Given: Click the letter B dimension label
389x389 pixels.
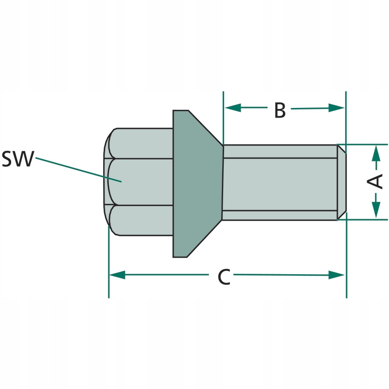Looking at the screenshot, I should pos(280,110).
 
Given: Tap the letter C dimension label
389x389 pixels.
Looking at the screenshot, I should pos(223,277).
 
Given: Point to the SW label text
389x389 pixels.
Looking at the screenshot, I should pos(17,159).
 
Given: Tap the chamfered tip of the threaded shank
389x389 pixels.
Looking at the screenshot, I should pos(342,182).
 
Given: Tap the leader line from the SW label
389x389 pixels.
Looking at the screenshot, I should pos(78,169).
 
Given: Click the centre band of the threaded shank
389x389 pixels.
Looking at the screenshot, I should pos(280,184).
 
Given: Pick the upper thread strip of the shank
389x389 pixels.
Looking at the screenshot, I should pos(280,151).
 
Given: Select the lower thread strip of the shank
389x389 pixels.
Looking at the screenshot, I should pos(280,215).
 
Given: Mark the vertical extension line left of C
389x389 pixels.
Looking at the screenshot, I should pos(109,287).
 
